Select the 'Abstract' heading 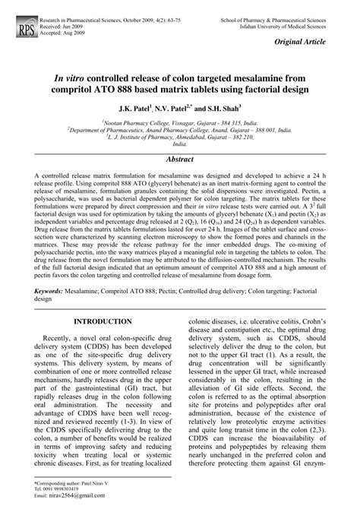180,160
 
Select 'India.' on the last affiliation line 179,144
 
